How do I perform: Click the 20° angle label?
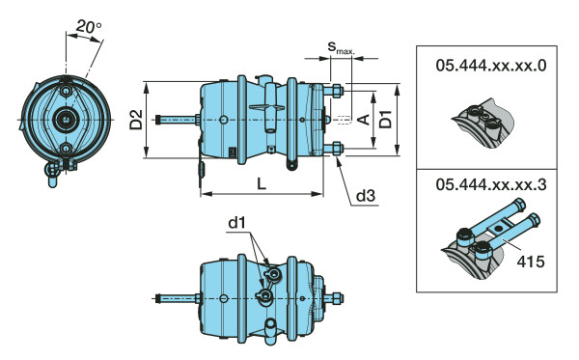pos(89,27)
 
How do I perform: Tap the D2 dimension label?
pos(136,120)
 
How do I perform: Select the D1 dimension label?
pos(386,119)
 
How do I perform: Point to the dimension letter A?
pos(364,120)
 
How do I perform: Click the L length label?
pos(262,183)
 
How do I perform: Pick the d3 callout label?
pos(366,196)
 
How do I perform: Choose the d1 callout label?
pos(236,223)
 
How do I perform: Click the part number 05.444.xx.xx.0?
pos(491,66)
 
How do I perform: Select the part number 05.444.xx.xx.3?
pos(491,184)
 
